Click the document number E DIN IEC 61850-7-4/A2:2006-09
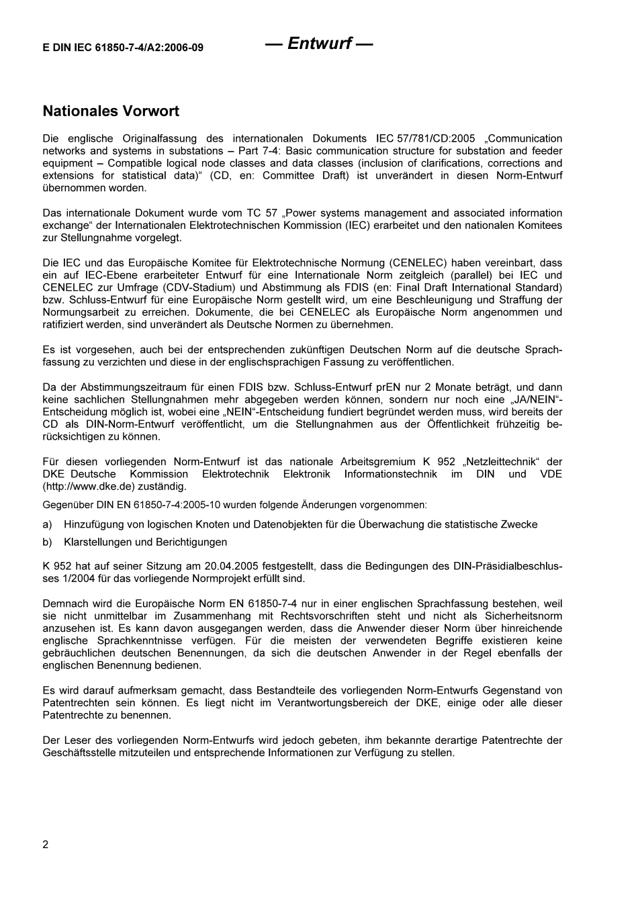click(x=123, y=48)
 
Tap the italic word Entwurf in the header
click(x=319, y=44)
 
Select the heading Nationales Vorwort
click(x=111, y=111)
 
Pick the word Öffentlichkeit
click(x=463, y=424)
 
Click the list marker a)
click(x=47, y=524)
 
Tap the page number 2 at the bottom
click(x=46, y=845)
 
